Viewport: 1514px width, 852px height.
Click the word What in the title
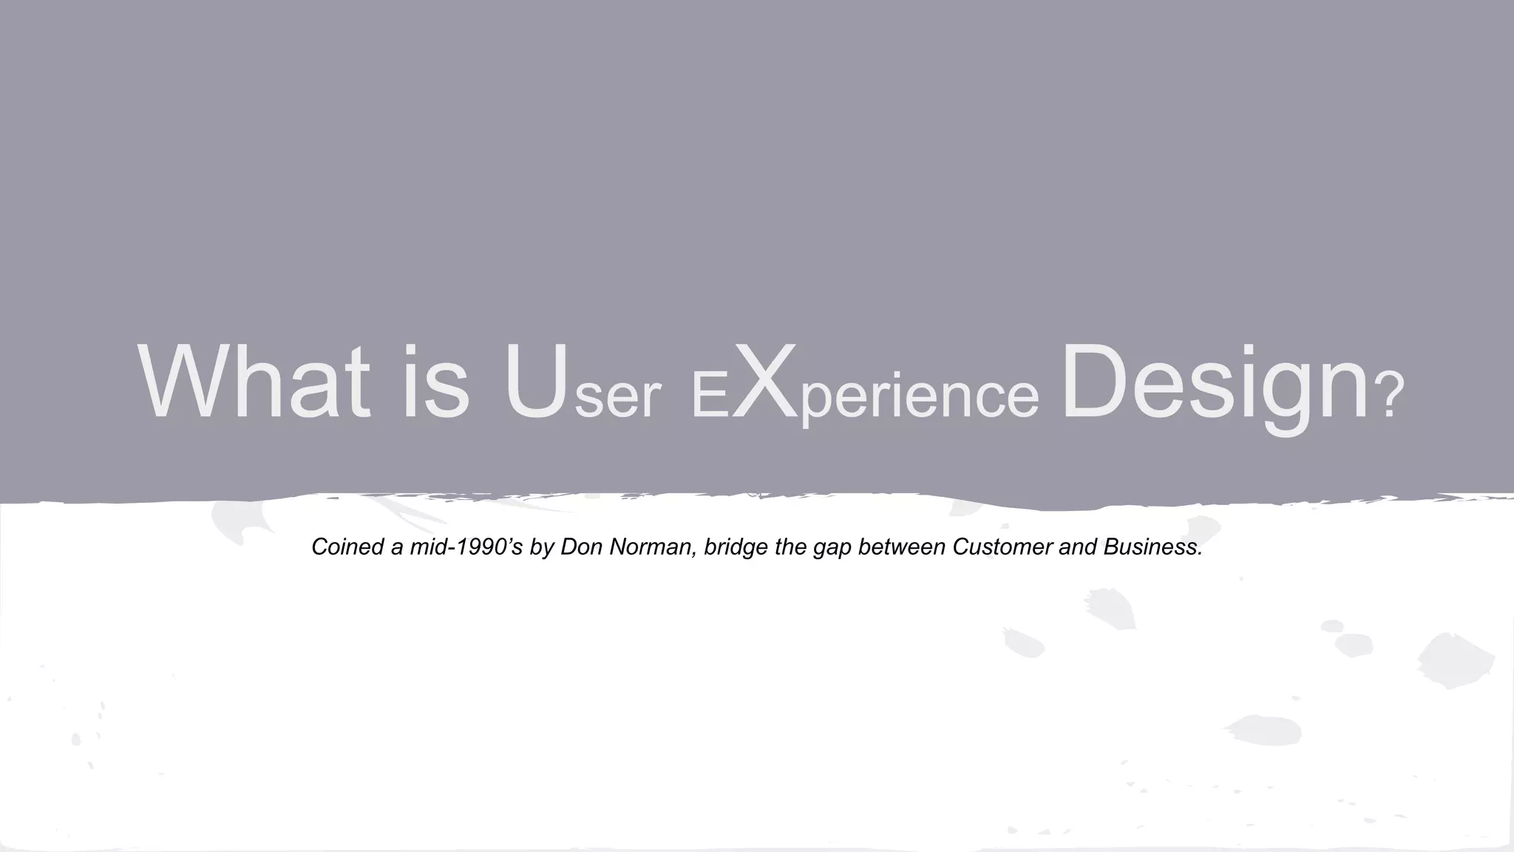(x=254, y=384)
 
